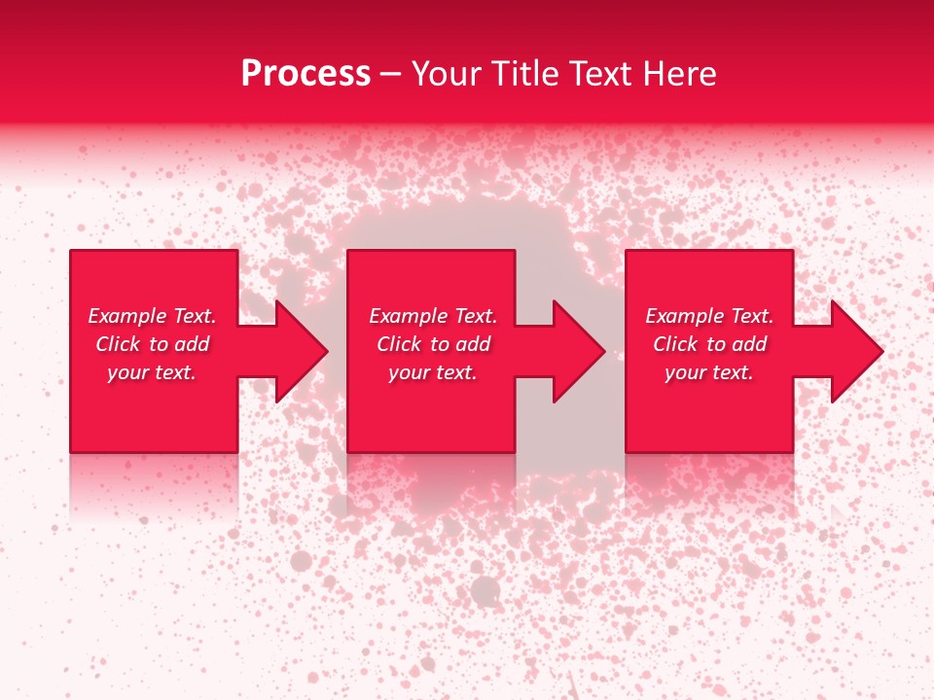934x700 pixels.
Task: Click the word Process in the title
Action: pos(305,74)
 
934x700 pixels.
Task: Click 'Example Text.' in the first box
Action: pos(152,316)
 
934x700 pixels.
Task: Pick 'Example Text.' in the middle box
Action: pos(433,316)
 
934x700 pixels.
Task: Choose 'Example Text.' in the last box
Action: pos(709,316)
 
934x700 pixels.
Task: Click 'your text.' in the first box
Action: pos(152,372)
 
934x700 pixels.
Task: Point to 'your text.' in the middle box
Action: pos(433,372)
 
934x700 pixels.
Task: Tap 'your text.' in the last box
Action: pos(709,372)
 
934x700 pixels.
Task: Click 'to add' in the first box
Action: pos(180,344)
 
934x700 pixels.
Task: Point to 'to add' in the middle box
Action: pos(461,344)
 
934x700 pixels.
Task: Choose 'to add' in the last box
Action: pos(737,344)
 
